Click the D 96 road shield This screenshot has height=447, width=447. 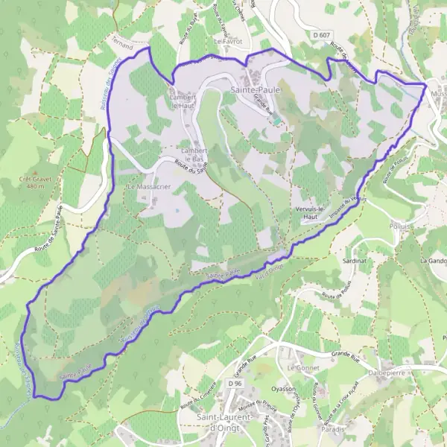(x=236, y=383)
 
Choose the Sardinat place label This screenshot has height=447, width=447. (x=354, y=263)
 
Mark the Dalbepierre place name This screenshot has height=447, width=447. (x=382, y=369)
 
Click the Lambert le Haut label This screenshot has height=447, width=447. (x=183, y=101)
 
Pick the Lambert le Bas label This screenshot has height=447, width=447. (x=192, y=154)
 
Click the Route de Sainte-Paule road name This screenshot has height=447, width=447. (x=68, y=232)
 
